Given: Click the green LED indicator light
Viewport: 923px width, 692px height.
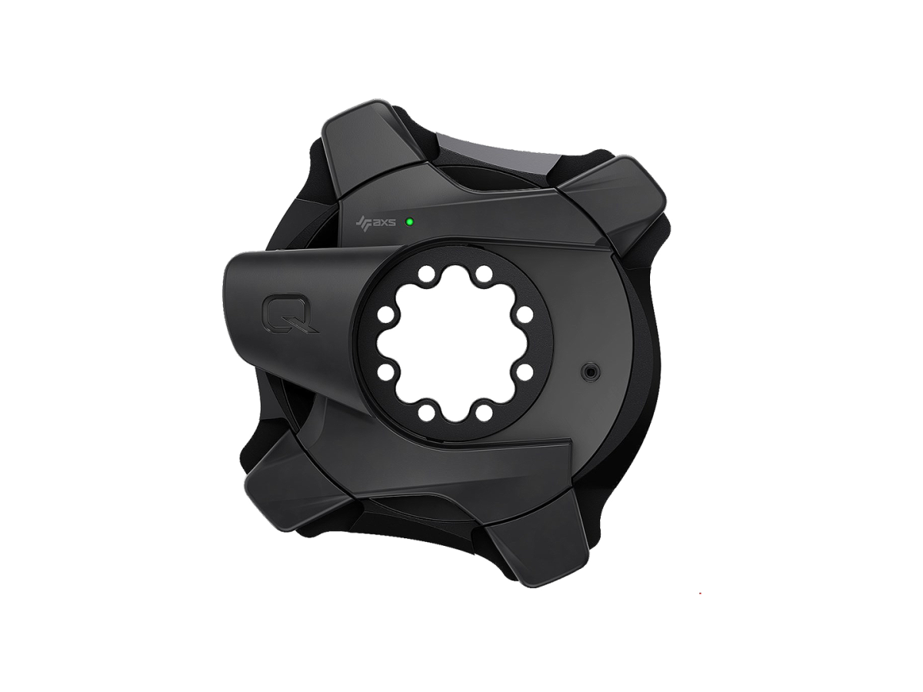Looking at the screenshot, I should [x=409, y=221].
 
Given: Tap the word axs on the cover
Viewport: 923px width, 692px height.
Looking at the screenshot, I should [x=383, y=224].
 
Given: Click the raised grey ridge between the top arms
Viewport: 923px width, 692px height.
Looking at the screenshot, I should [x=492, y=154].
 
